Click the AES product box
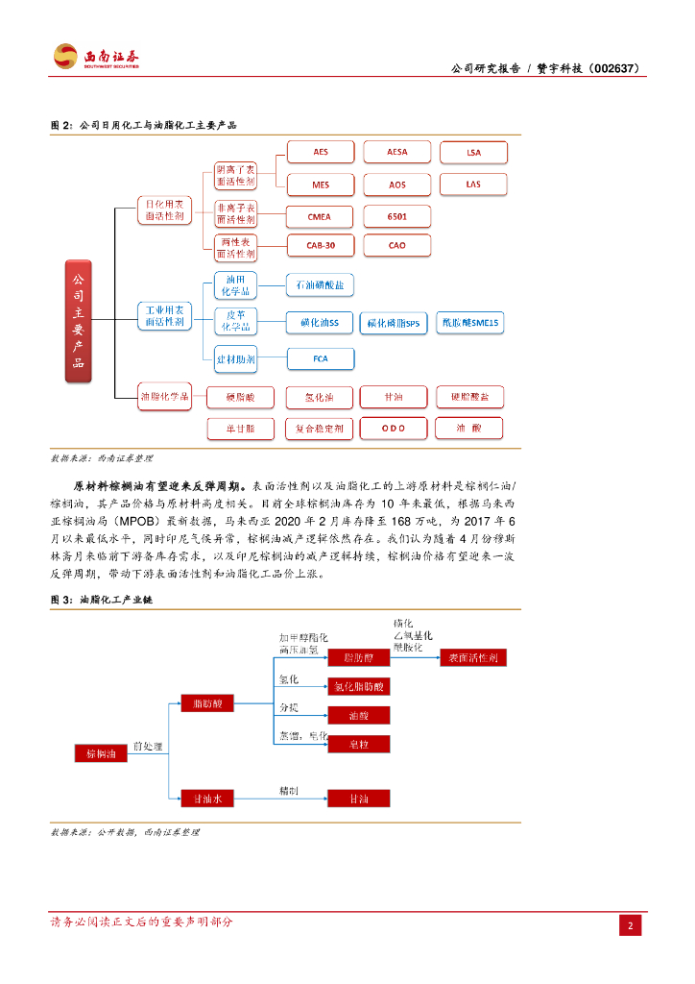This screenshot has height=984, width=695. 321,152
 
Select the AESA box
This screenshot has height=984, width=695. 396,152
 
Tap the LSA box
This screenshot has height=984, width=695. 473,152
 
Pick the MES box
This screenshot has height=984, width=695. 321,184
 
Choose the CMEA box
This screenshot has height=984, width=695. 321,217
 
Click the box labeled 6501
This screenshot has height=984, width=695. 396,217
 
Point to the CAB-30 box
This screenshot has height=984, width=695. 321,246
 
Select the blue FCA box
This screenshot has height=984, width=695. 321,359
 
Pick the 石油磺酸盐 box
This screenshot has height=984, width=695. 321,285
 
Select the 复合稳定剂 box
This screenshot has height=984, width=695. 320,428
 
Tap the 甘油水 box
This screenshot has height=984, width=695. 202,797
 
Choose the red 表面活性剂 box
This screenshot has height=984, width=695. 472,658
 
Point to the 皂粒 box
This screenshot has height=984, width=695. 359,744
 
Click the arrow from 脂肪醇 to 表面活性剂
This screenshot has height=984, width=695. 414,658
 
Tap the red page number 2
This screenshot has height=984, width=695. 630,926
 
